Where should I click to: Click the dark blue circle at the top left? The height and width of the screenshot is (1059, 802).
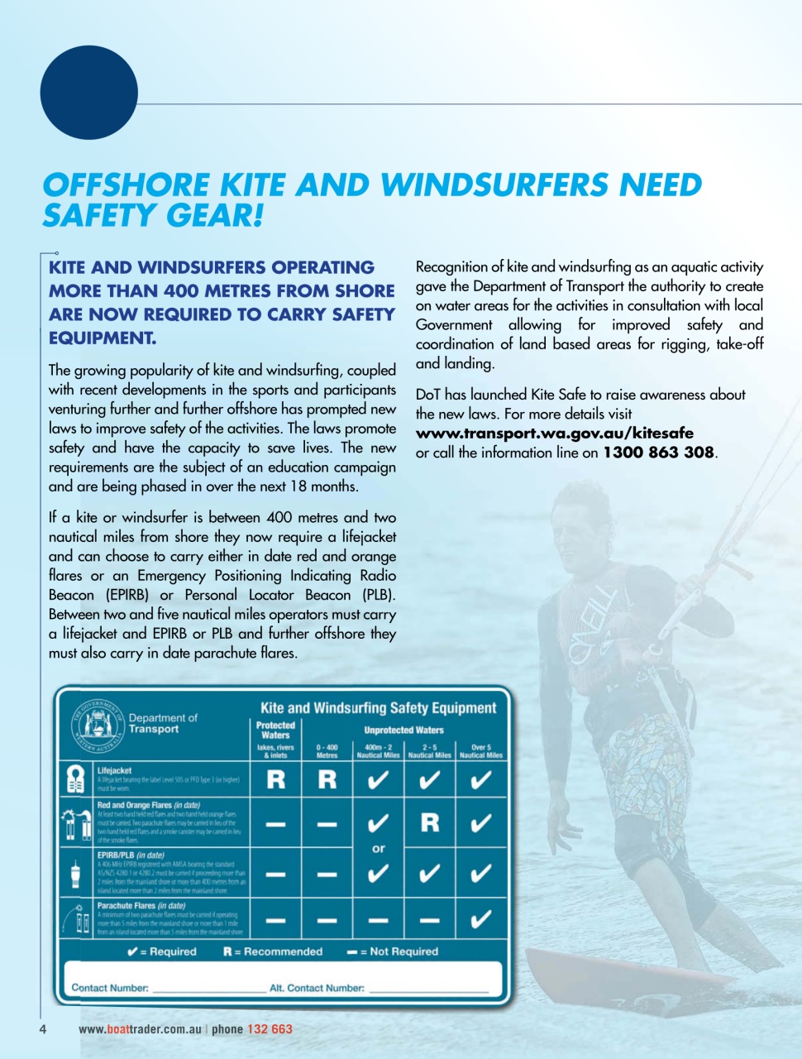(x=88, y=92)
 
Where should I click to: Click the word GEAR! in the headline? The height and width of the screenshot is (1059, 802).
(x=214, y=216)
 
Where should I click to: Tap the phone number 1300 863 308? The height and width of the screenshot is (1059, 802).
(x=658, y=453)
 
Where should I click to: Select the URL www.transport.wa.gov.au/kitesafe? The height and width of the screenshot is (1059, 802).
(x=554, y=434)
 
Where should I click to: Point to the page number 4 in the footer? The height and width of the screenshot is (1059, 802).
(x=43, y=1029)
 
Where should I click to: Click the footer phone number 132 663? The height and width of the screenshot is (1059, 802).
(x=270, y=1029)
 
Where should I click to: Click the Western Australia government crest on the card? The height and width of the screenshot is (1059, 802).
(x=98, y=725)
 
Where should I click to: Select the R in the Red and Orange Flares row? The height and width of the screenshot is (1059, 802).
(x=430, y=822)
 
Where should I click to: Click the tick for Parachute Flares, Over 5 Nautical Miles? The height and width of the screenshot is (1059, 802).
(x=480, y=919)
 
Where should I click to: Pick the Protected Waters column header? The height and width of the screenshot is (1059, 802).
(x=275, y=730)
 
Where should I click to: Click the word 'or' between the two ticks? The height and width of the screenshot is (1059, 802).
(x=379, y=848)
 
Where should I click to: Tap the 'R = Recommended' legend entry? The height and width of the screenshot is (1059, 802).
(x=273, y=951)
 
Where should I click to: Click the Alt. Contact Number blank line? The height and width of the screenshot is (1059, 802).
(x=428, y=989)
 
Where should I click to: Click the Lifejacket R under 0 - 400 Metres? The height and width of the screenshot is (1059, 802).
(x=327, y=779)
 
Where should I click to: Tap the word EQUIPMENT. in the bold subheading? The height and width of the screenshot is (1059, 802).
(x=103, y=338)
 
